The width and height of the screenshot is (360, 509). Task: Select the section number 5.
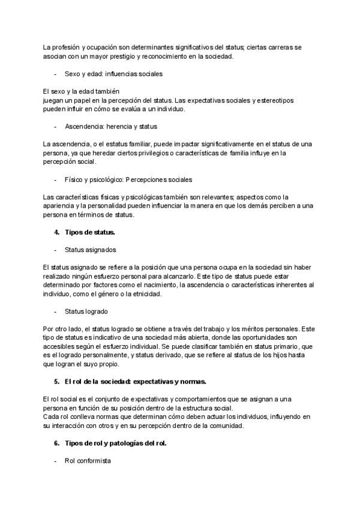pyautogui.click(x=56, y=381)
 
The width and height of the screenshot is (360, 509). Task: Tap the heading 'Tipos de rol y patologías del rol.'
pyautogui.click(x=115, y=444)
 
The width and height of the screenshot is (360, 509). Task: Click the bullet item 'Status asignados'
pyautogui.click(x=90, y=249)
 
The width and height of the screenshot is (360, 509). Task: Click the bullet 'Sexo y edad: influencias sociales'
pyautogui.click(x=113, y=74)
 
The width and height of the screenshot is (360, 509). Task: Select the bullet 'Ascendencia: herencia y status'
pyautogui.click(x=111, y=127)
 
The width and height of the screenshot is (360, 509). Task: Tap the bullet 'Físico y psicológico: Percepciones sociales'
pyautogui.click(x=128, y=179)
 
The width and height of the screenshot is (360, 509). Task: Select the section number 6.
pyautogui.click(x=56, y=444)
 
